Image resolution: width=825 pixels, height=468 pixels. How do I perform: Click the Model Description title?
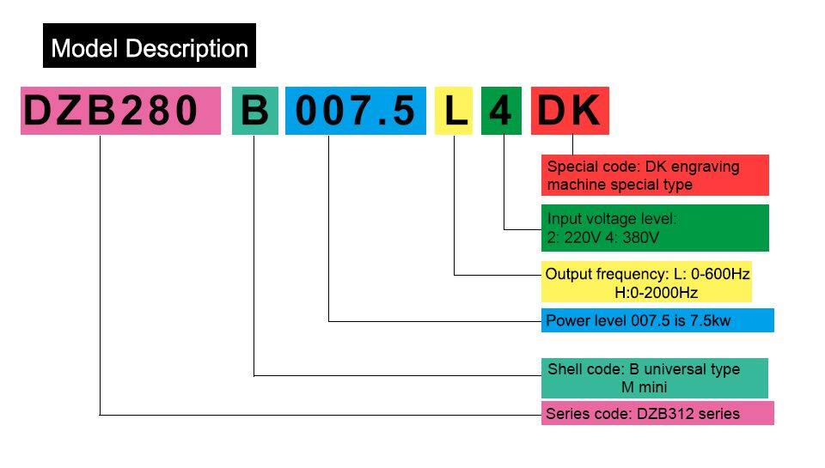tap(150, 47)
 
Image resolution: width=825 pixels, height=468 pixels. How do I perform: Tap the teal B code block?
tap(254, 111)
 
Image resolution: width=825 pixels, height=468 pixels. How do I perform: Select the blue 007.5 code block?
tap(356, 111)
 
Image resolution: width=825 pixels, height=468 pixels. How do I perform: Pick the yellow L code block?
tap(454, 111)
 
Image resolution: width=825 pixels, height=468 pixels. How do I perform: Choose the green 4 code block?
tap(500, 111)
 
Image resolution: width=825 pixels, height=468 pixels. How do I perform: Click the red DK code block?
tap(569, 111)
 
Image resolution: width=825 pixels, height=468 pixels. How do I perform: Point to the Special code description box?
tap(655, 175)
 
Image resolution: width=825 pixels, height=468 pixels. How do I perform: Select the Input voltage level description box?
tap(655, 228)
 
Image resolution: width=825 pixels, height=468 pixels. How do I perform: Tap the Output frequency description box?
tap(647, 282)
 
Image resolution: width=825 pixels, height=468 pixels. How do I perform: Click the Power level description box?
tap(657, 321)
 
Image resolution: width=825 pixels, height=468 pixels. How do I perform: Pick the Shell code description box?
tap(654, 378)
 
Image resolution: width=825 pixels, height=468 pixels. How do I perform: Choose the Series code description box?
tap(657, 413)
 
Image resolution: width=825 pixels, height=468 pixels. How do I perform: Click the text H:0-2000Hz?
tap(656, 293)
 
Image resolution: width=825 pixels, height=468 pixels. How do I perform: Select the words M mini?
tap(644, 387)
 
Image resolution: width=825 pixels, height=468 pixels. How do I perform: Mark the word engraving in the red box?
tap(704, 167)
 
